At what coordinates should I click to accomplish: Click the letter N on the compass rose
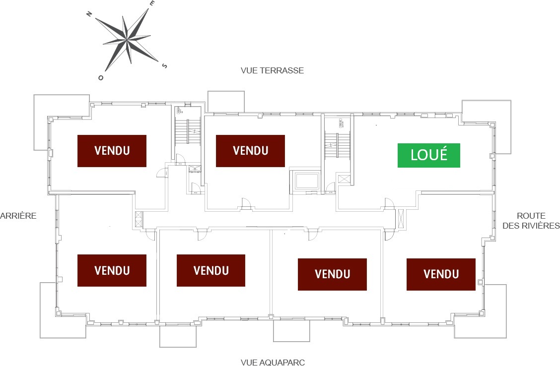89,14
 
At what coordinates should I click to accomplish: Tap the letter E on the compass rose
152,3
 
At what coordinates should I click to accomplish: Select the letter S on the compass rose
165,65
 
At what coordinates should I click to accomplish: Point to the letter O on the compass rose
101,77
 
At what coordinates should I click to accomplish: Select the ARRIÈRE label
18,216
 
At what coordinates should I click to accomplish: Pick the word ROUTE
531,216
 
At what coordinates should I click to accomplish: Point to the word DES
510,226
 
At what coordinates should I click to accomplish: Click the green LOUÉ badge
429,155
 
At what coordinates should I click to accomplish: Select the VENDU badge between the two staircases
250,151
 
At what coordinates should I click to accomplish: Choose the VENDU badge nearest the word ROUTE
441,274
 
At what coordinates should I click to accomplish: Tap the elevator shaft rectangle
306,182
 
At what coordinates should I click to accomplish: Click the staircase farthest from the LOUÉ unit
188,131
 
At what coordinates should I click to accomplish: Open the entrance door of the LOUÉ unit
389,204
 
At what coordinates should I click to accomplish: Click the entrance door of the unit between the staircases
246,203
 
